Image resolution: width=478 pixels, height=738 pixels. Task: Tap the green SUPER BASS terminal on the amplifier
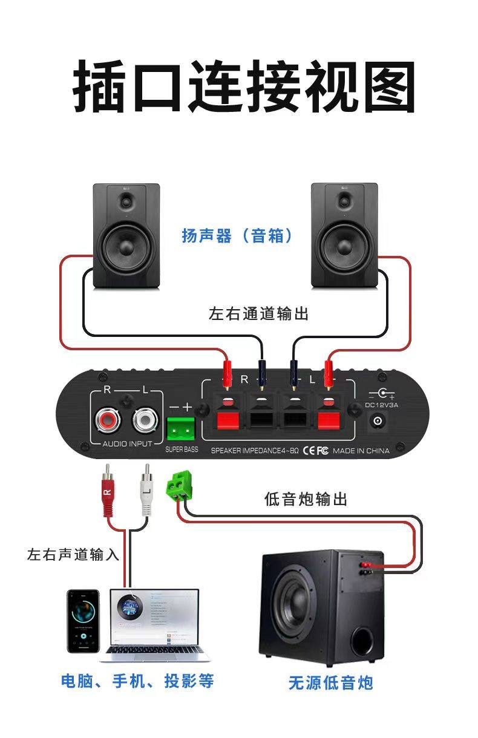tap(181, 428)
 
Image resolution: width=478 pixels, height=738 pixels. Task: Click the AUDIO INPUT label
tap(127, 445)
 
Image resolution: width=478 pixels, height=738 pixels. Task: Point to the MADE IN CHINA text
tap(361, 451)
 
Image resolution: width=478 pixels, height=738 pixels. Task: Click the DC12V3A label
tap(382, 405)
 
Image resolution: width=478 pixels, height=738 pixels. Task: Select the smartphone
tap(83, 621)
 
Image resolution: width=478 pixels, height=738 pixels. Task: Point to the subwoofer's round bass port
tap(363, 641)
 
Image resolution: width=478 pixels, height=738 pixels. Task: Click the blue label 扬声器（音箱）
tap(237, 236)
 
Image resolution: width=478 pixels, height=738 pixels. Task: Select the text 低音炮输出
tap(306, 500)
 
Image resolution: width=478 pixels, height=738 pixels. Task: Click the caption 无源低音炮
tap(330, 683)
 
